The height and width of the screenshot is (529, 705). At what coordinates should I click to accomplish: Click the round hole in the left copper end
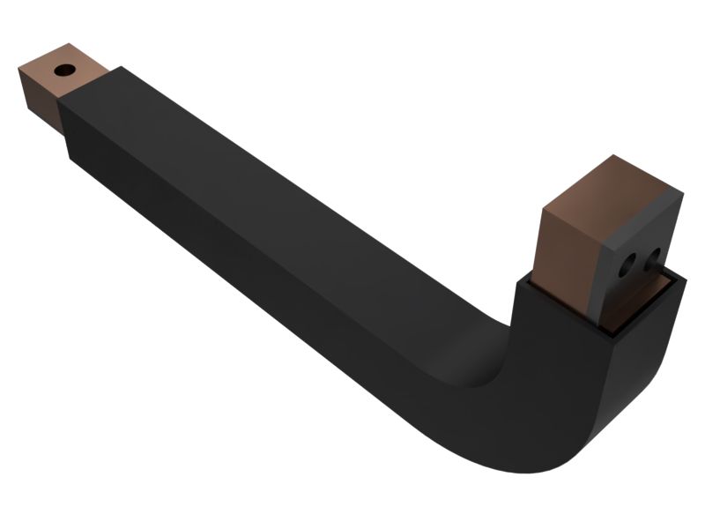pos(64,70)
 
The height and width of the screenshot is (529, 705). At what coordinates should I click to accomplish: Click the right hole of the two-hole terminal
pos(652,257)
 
